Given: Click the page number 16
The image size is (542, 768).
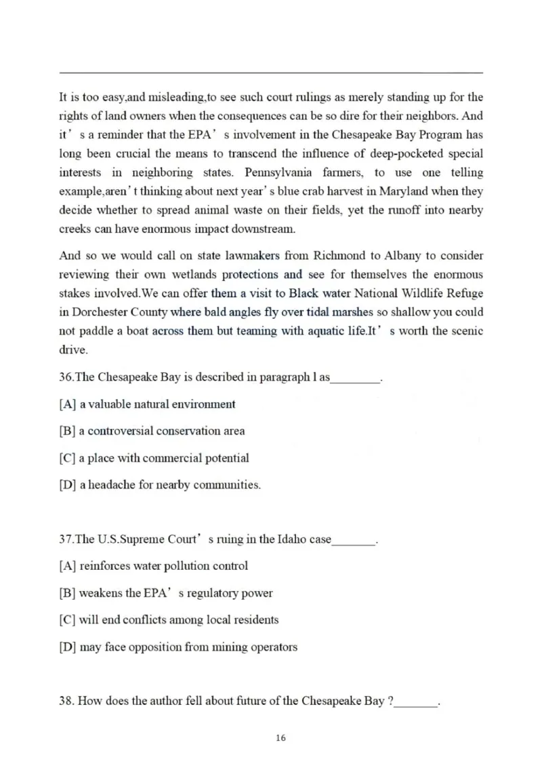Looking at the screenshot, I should [x=281, y=738].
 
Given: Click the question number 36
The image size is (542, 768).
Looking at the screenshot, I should [x=66, y=377].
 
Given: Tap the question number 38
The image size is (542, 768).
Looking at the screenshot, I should [x=66, y=701].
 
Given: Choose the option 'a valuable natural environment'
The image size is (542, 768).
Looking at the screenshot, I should [x=157, y=404].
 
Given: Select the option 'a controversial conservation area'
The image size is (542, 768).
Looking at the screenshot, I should [x=162, y=431].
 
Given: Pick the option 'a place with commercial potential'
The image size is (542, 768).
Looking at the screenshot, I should [x=163, y=458].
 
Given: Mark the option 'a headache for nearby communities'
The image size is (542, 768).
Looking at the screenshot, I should [x=169, y=485].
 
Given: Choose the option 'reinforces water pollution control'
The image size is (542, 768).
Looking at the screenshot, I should [x=163, y=566].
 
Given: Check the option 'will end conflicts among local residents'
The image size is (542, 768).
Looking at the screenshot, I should [x=178, y=619].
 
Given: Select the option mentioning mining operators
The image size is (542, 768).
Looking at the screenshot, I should [x=188, y=647].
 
